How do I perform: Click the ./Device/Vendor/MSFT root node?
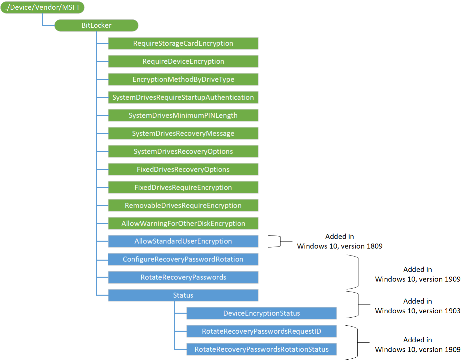pos(42,7)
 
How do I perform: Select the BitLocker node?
pos(96,25)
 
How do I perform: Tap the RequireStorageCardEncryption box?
pos(183,43)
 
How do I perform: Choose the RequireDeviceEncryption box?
pos(183,61)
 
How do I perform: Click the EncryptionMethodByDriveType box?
pos(183,79)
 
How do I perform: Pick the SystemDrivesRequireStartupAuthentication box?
pos(183,97)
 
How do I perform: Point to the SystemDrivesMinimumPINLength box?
pos(183,115)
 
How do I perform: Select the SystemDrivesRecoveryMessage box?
pos(183,133)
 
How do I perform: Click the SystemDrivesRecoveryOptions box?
pos(183,151)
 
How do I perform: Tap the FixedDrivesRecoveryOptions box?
pos(183,169)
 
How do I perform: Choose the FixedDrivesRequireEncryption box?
pos(183,188)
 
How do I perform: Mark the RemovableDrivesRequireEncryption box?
pos(183,206)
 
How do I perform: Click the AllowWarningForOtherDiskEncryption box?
pos(183,224)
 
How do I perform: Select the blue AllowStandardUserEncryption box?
pos(183,241)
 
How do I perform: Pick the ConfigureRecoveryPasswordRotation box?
pos(183,259)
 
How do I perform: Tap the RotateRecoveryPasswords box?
pos(183,277)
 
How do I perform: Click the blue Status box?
pos(183,295)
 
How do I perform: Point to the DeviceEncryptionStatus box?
pos(262,313)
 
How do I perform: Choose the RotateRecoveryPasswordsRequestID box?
pos(262,331)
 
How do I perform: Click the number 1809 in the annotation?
pos(374,246)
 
